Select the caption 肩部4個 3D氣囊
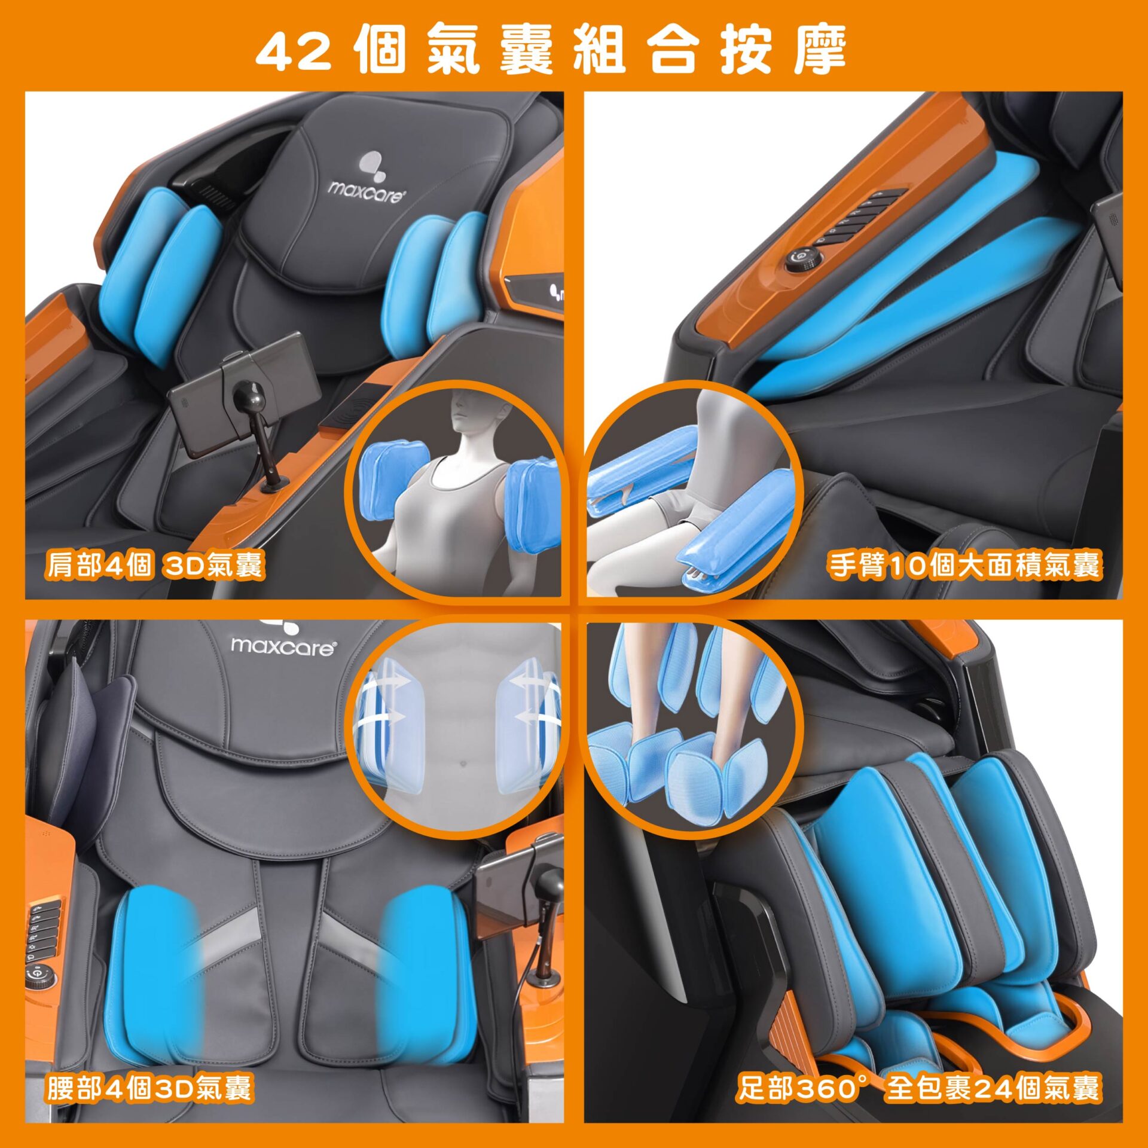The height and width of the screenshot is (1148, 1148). pos(154,564)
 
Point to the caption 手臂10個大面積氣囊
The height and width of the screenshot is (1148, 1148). pos(964,564)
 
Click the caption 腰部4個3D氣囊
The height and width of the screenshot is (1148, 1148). pos(149,1087)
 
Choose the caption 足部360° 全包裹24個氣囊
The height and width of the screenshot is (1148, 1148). pos(918,1087)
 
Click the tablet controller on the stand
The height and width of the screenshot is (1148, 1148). pos(245,395)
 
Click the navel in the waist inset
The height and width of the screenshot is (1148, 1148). pos(460,764)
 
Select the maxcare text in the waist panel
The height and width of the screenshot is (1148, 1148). pos(283,646)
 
